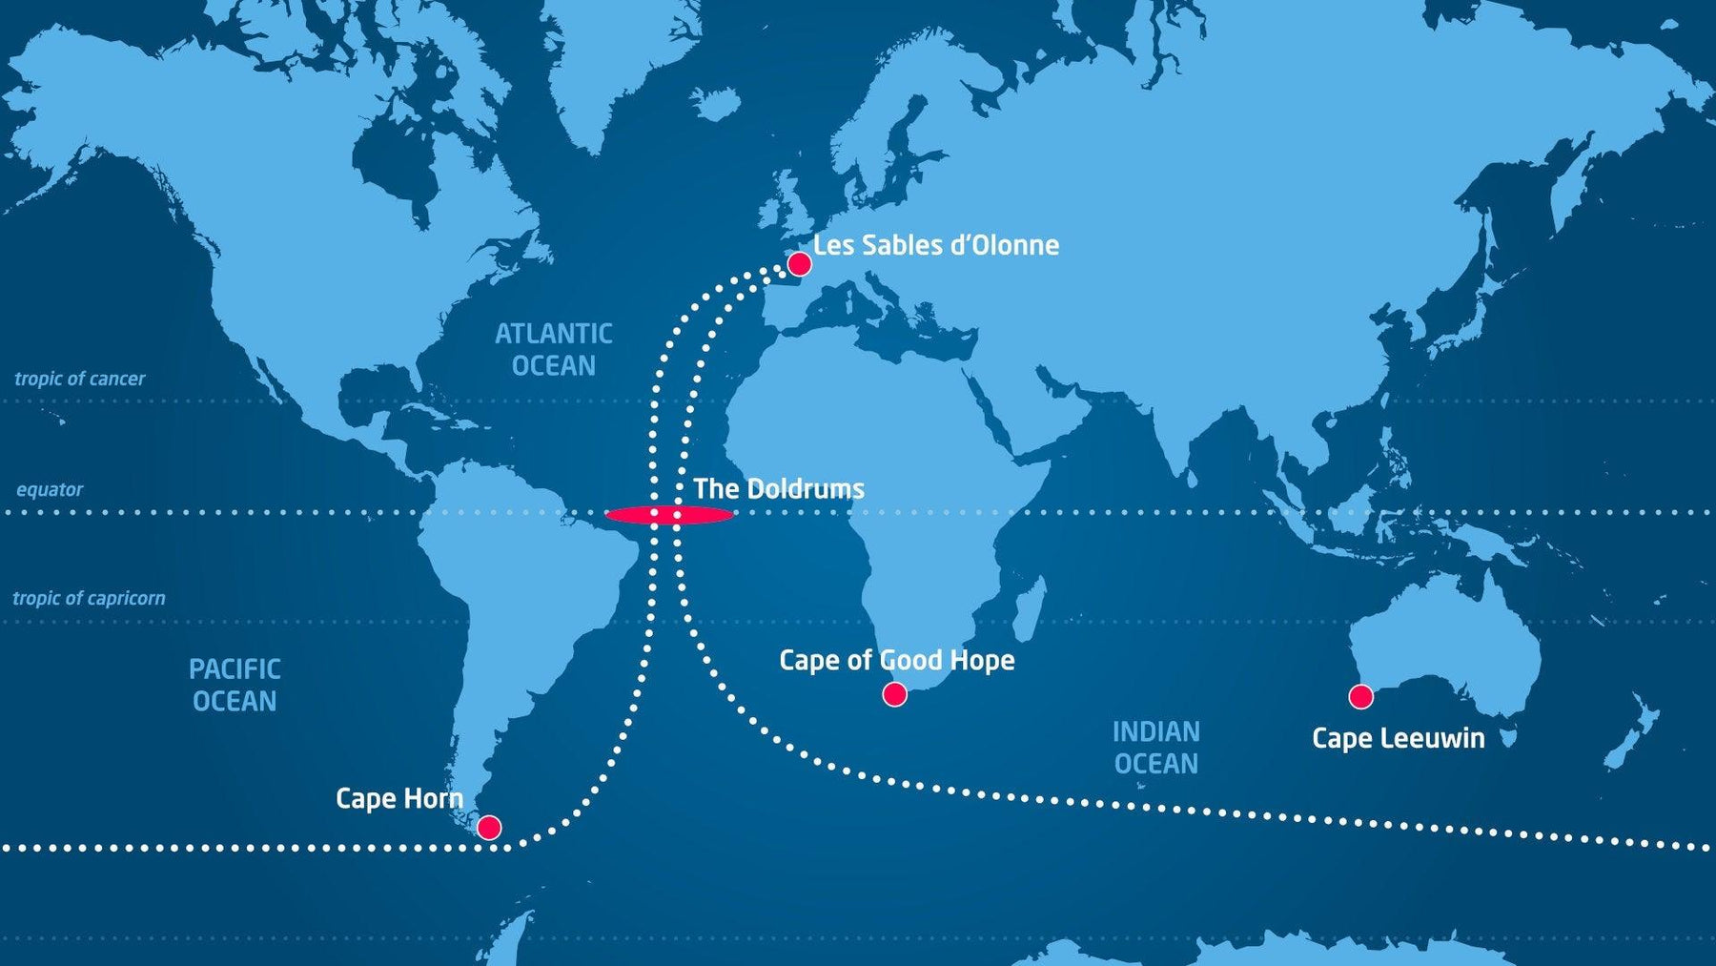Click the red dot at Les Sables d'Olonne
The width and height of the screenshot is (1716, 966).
[x=799, y=264]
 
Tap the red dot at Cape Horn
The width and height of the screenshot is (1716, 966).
[x=489, y=827]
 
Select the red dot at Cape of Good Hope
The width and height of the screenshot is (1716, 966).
[x=894, y=694]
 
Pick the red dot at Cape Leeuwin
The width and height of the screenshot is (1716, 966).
[x=1360, y=697]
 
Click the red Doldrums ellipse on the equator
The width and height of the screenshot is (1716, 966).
[x=669, y=516]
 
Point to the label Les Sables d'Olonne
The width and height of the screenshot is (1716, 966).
[x=935, y=245]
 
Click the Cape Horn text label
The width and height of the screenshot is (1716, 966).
[x=399, y=798]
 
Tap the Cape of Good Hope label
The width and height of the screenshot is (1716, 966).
[x=896, y=660]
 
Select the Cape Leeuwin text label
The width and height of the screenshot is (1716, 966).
[x=1398, y=738]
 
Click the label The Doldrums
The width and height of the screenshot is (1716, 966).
[x=779, y=489]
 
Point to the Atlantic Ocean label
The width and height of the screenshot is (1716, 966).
[x=553, y=349]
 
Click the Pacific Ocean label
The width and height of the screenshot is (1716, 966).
[x=235, y=685]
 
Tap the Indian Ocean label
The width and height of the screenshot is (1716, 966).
[x=1155, y=748]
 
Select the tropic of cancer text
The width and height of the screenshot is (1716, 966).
[x=80, y=379]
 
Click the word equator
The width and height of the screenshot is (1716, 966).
[x=50, y=490]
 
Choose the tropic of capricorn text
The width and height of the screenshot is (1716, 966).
[x=89, y=599]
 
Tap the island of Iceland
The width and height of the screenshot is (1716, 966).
[x=716, y=101]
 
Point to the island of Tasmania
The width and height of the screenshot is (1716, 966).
[x=1508, y=737]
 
